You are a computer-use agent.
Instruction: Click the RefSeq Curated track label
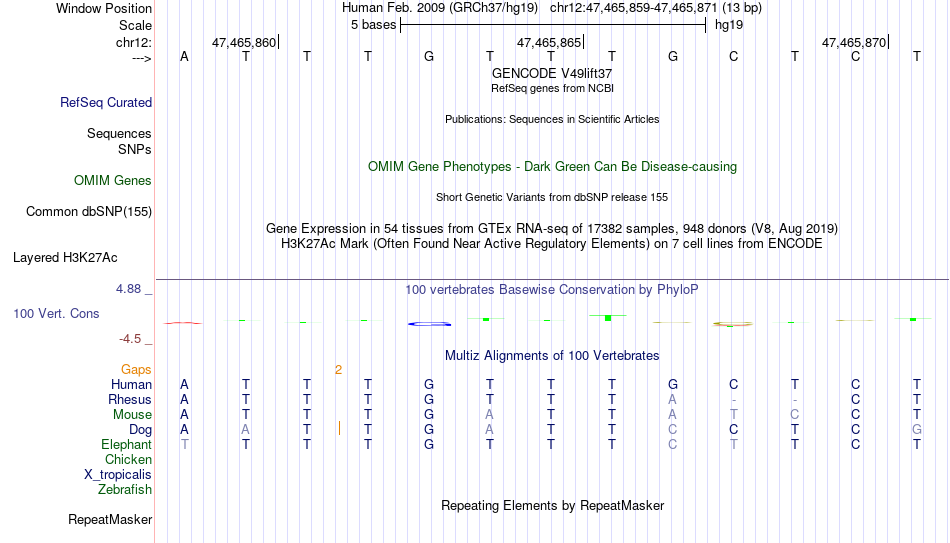point(106,102)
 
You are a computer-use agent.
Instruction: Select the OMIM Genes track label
point(113,181)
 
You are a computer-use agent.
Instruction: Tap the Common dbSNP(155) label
point(89,212)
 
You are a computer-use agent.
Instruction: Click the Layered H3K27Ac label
point(65,258)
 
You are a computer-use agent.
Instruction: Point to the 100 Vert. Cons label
point(56,313)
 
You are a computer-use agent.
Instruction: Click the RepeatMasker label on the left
point(110,519)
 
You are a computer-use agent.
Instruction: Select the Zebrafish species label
point(125,489)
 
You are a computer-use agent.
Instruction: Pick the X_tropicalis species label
point(118,475)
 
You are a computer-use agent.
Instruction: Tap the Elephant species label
point(127,445)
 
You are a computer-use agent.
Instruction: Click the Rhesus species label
point(130,399)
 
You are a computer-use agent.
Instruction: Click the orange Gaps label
point(136,370)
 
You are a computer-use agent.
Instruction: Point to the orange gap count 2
point(339,370)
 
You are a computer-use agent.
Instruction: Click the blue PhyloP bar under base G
point(430,324)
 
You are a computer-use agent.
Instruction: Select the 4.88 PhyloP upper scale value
point(128,289)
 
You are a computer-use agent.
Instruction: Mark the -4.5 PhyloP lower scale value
point(130,339)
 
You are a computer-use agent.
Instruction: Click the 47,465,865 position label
point(549,42)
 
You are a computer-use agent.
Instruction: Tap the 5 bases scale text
point(373,25)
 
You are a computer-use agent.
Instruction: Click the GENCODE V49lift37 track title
point(552,73)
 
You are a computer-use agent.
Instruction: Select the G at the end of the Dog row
point(917,430)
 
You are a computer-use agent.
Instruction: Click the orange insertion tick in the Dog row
point(339,428)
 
